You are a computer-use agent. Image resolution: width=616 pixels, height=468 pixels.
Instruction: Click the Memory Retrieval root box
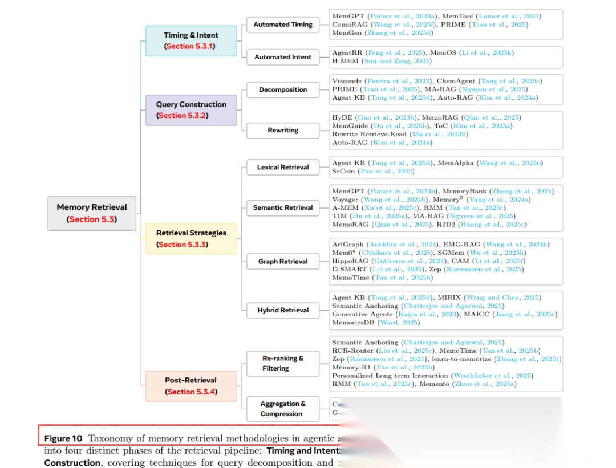coord(92,213)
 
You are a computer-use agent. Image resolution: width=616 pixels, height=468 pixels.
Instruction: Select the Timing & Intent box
coord(191,40)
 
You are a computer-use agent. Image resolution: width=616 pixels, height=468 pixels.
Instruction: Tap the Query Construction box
coord(191,110)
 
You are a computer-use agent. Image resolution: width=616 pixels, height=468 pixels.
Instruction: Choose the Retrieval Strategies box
coord(191,238)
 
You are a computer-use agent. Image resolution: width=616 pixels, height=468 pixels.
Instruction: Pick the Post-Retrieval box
coord(191,386)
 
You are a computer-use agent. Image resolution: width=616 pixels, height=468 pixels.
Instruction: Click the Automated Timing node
coord(283,25)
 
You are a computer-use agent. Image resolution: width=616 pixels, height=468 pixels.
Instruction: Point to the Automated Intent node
coord(283,57)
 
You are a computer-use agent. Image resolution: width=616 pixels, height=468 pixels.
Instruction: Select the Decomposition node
coord(283,89)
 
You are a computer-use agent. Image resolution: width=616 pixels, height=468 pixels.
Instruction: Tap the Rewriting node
coord(283,130)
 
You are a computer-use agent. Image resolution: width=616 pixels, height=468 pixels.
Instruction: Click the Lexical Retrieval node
coord(283,167)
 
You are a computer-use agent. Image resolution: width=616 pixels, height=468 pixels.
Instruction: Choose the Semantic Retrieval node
coord(283,207)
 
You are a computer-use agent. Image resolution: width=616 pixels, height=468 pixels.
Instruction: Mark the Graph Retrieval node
coord(283,261)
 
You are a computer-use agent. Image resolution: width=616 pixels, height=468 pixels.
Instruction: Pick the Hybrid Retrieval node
coord(283,310)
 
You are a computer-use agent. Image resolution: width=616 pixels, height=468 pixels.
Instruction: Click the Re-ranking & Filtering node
coord(283,363)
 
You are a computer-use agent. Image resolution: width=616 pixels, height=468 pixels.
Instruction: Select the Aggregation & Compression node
coord(283,409)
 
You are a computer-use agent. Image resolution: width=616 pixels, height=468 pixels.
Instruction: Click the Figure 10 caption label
coord(63,438)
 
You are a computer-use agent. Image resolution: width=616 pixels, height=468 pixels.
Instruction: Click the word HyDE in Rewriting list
coord(342,117)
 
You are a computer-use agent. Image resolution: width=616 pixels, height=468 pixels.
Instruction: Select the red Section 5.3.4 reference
coord(191,392)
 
